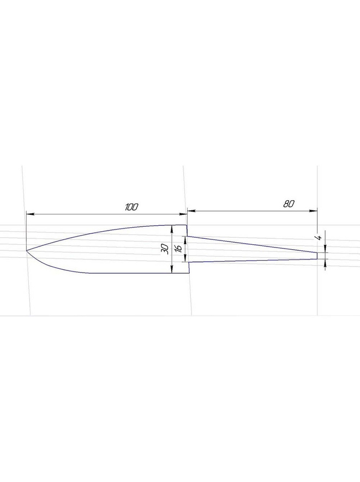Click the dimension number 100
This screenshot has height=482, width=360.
click(131, 207)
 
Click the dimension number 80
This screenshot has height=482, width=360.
click(289, 203)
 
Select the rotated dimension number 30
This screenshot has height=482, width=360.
click(165, 249)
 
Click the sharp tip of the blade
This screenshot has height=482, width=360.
click(26, 250)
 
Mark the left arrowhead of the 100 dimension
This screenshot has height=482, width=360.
click(30, 213)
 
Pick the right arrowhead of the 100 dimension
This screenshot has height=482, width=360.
click(183, 213)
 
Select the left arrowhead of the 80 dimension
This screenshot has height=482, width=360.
click(191, 211)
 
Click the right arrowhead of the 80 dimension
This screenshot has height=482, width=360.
click(313, 211)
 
